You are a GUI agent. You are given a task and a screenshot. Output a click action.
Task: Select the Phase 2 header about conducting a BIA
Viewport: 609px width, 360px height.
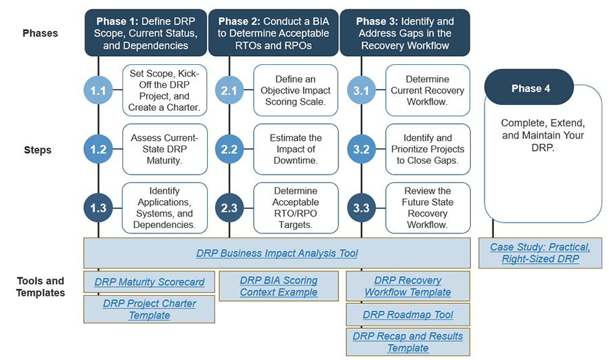[x=273, y=33]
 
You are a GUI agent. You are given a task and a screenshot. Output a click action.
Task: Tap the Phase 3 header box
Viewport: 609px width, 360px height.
[x=405, y=33]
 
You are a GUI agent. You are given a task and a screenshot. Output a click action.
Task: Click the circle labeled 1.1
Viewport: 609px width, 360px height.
[x=99, y=91]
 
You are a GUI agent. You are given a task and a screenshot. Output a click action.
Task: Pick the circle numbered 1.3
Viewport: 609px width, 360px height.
[x=99, y=208]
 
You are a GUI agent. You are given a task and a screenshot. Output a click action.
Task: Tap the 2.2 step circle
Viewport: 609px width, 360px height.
[x=230, y=150]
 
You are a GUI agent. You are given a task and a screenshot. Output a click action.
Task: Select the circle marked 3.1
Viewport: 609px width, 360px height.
[x=361, y=91]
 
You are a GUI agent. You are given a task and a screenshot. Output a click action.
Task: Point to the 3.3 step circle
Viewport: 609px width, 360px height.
[x=361, y=208]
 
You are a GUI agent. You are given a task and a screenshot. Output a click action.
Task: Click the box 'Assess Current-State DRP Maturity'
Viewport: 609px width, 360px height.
[x=164, y=150]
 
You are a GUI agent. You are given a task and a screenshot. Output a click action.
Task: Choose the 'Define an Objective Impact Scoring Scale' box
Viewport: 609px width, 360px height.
[x=296, y=91]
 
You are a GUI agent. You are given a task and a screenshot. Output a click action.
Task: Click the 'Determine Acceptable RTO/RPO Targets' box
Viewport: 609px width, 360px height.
[x=296, y=208]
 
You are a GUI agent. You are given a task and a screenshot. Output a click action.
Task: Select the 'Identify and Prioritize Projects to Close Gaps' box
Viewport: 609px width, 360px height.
[x=428, y=150]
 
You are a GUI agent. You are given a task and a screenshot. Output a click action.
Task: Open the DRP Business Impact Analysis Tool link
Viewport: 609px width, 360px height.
[x=277, y=253]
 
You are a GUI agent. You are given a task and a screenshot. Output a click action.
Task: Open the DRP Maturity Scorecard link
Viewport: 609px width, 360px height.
[x=150, y=282]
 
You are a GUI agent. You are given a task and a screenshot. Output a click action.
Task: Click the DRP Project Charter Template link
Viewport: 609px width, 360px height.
[x=150, y=309]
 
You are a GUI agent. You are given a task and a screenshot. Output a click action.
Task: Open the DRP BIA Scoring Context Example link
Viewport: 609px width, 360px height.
[x=278, y=286]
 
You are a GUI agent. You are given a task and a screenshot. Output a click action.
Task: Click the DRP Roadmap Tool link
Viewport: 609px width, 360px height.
[x=408, y=315]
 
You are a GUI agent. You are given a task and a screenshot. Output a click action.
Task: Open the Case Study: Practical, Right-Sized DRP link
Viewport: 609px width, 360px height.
[x=540, y=253]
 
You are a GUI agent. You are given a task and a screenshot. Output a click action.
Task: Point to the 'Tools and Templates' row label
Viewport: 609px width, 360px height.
[x=41, y=287]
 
